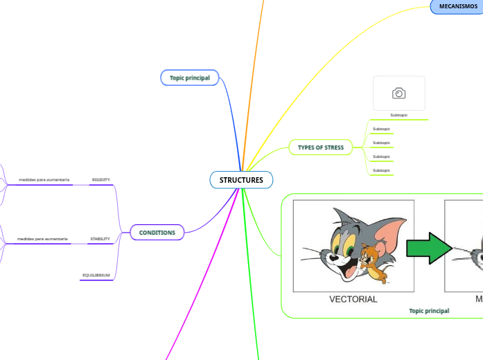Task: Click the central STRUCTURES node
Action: click(241, 180)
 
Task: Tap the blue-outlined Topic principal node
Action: click(189, 78)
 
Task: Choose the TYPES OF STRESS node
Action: click(320, 147)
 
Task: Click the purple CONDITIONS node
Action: click(157, 233)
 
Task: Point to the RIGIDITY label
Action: click(100, 180)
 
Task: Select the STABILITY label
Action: click(100, 240)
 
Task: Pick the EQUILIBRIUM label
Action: click(96, 276)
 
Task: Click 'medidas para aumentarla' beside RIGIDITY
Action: click(44, 180)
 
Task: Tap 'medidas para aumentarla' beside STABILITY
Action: click(42, 240)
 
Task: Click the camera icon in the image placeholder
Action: click(398, 93)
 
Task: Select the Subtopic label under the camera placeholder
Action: click(399, 115)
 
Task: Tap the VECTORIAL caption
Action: click(353, 300)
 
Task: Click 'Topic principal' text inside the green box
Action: click(429, 311)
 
